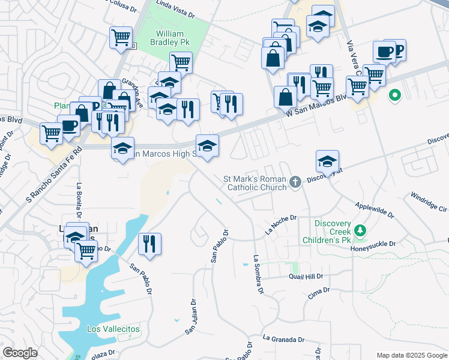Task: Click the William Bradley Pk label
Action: pyautogui.click(x=173, y=38)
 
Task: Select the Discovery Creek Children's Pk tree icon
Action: pyautogui.click(x=360, y=230)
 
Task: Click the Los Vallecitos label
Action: pyautogui.click(x=113, y=329)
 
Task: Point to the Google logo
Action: pyautogui.click(x=20, y=353)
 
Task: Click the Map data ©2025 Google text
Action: pyautogui.click(x=411, y=355)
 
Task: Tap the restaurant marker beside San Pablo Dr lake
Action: pyautogui.click(x=149, y=244)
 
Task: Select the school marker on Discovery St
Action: pyautogui.click(x=328, y=161)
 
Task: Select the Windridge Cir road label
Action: pyautogui.click(x=429, y=202)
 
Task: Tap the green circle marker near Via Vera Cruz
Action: pyautogui.click(x=395, y=95)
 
